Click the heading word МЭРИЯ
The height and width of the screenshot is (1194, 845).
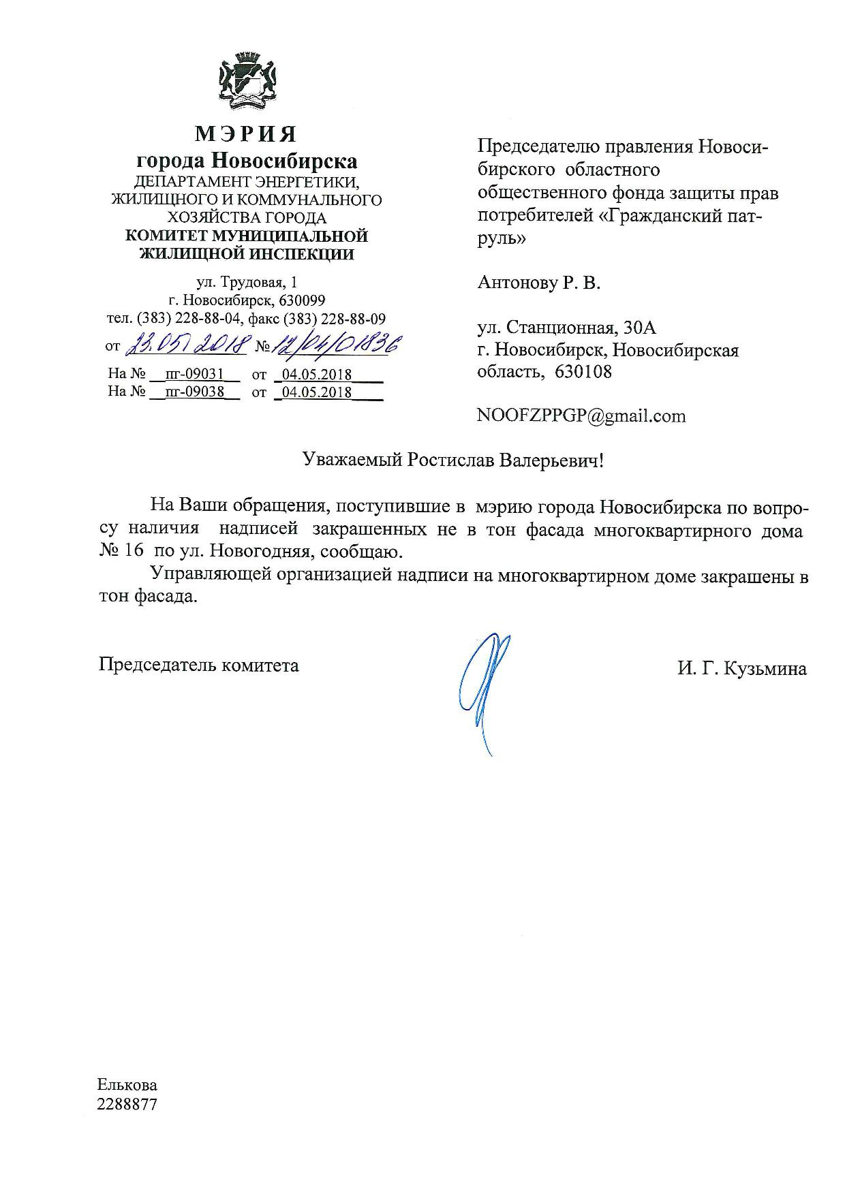[246, 133]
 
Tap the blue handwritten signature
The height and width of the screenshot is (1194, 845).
[483, 688]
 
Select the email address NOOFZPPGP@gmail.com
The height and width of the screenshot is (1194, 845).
[582, 415]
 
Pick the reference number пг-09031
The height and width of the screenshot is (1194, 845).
[195, 374]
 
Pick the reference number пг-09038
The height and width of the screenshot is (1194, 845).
[195, 392]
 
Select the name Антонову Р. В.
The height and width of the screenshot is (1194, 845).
[539, 283]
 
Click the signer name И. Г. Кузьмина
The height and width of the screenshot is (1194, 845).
[741, 669]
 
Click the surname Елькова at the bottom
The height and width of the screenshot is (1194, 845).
[127, 1085]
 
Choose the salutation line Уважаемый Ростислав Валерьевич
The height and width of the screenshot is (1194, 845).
[453, 460]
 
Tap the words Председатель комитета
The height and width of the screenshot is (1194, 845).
[198, 665]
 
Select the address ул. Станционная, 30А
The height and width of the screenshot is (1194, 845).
[567, 328]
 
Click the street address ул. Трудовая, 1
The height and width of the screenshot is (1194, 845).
[247, 282]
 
